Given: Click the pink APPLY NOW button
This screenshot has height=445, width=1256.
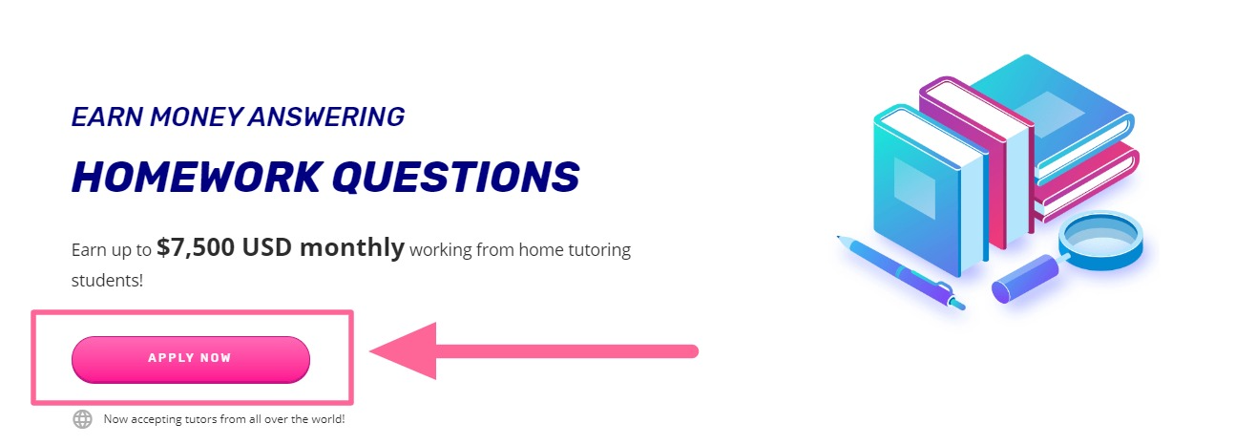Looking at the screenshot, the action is [x=191, y=360].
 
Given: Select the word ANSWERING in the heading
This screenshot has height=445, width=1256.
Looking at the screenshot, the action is [x=326, y=117].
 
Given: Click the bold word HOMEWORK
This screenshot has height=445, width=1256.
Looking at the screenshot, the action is [x=198, y=177].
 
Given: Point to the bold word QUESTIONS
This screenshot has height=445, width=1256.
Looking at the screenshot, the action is [x=456, y=177].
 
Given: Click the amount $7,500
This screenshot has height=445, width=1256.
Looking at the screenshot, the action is [x=196, y=247].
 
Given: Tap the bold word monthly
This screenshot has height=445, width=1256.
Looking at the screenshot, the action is [x=352, y=248].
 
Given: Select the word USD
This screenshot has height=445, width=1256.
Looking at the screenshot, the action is [x=267, y=247].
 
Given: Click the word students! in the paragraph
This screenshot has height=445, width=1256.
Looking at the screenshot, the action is [x=107, y=280].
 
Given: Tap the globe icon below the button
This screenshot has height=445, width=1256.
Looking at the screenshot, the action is [x=82, y=419].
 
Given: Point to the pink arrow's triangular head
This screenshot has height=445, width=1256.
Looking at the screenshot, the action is [x=403, y=351].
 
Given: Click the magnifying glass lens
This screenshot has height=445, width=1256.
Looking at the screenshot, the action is [x=1100, y=239].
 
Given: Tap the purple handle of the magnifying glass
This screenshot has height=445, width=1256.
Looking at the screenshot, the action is [x=1025, y=279].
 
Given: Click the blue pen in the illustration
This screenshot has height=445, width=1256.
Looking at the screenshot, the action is [x=901, y=272].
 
